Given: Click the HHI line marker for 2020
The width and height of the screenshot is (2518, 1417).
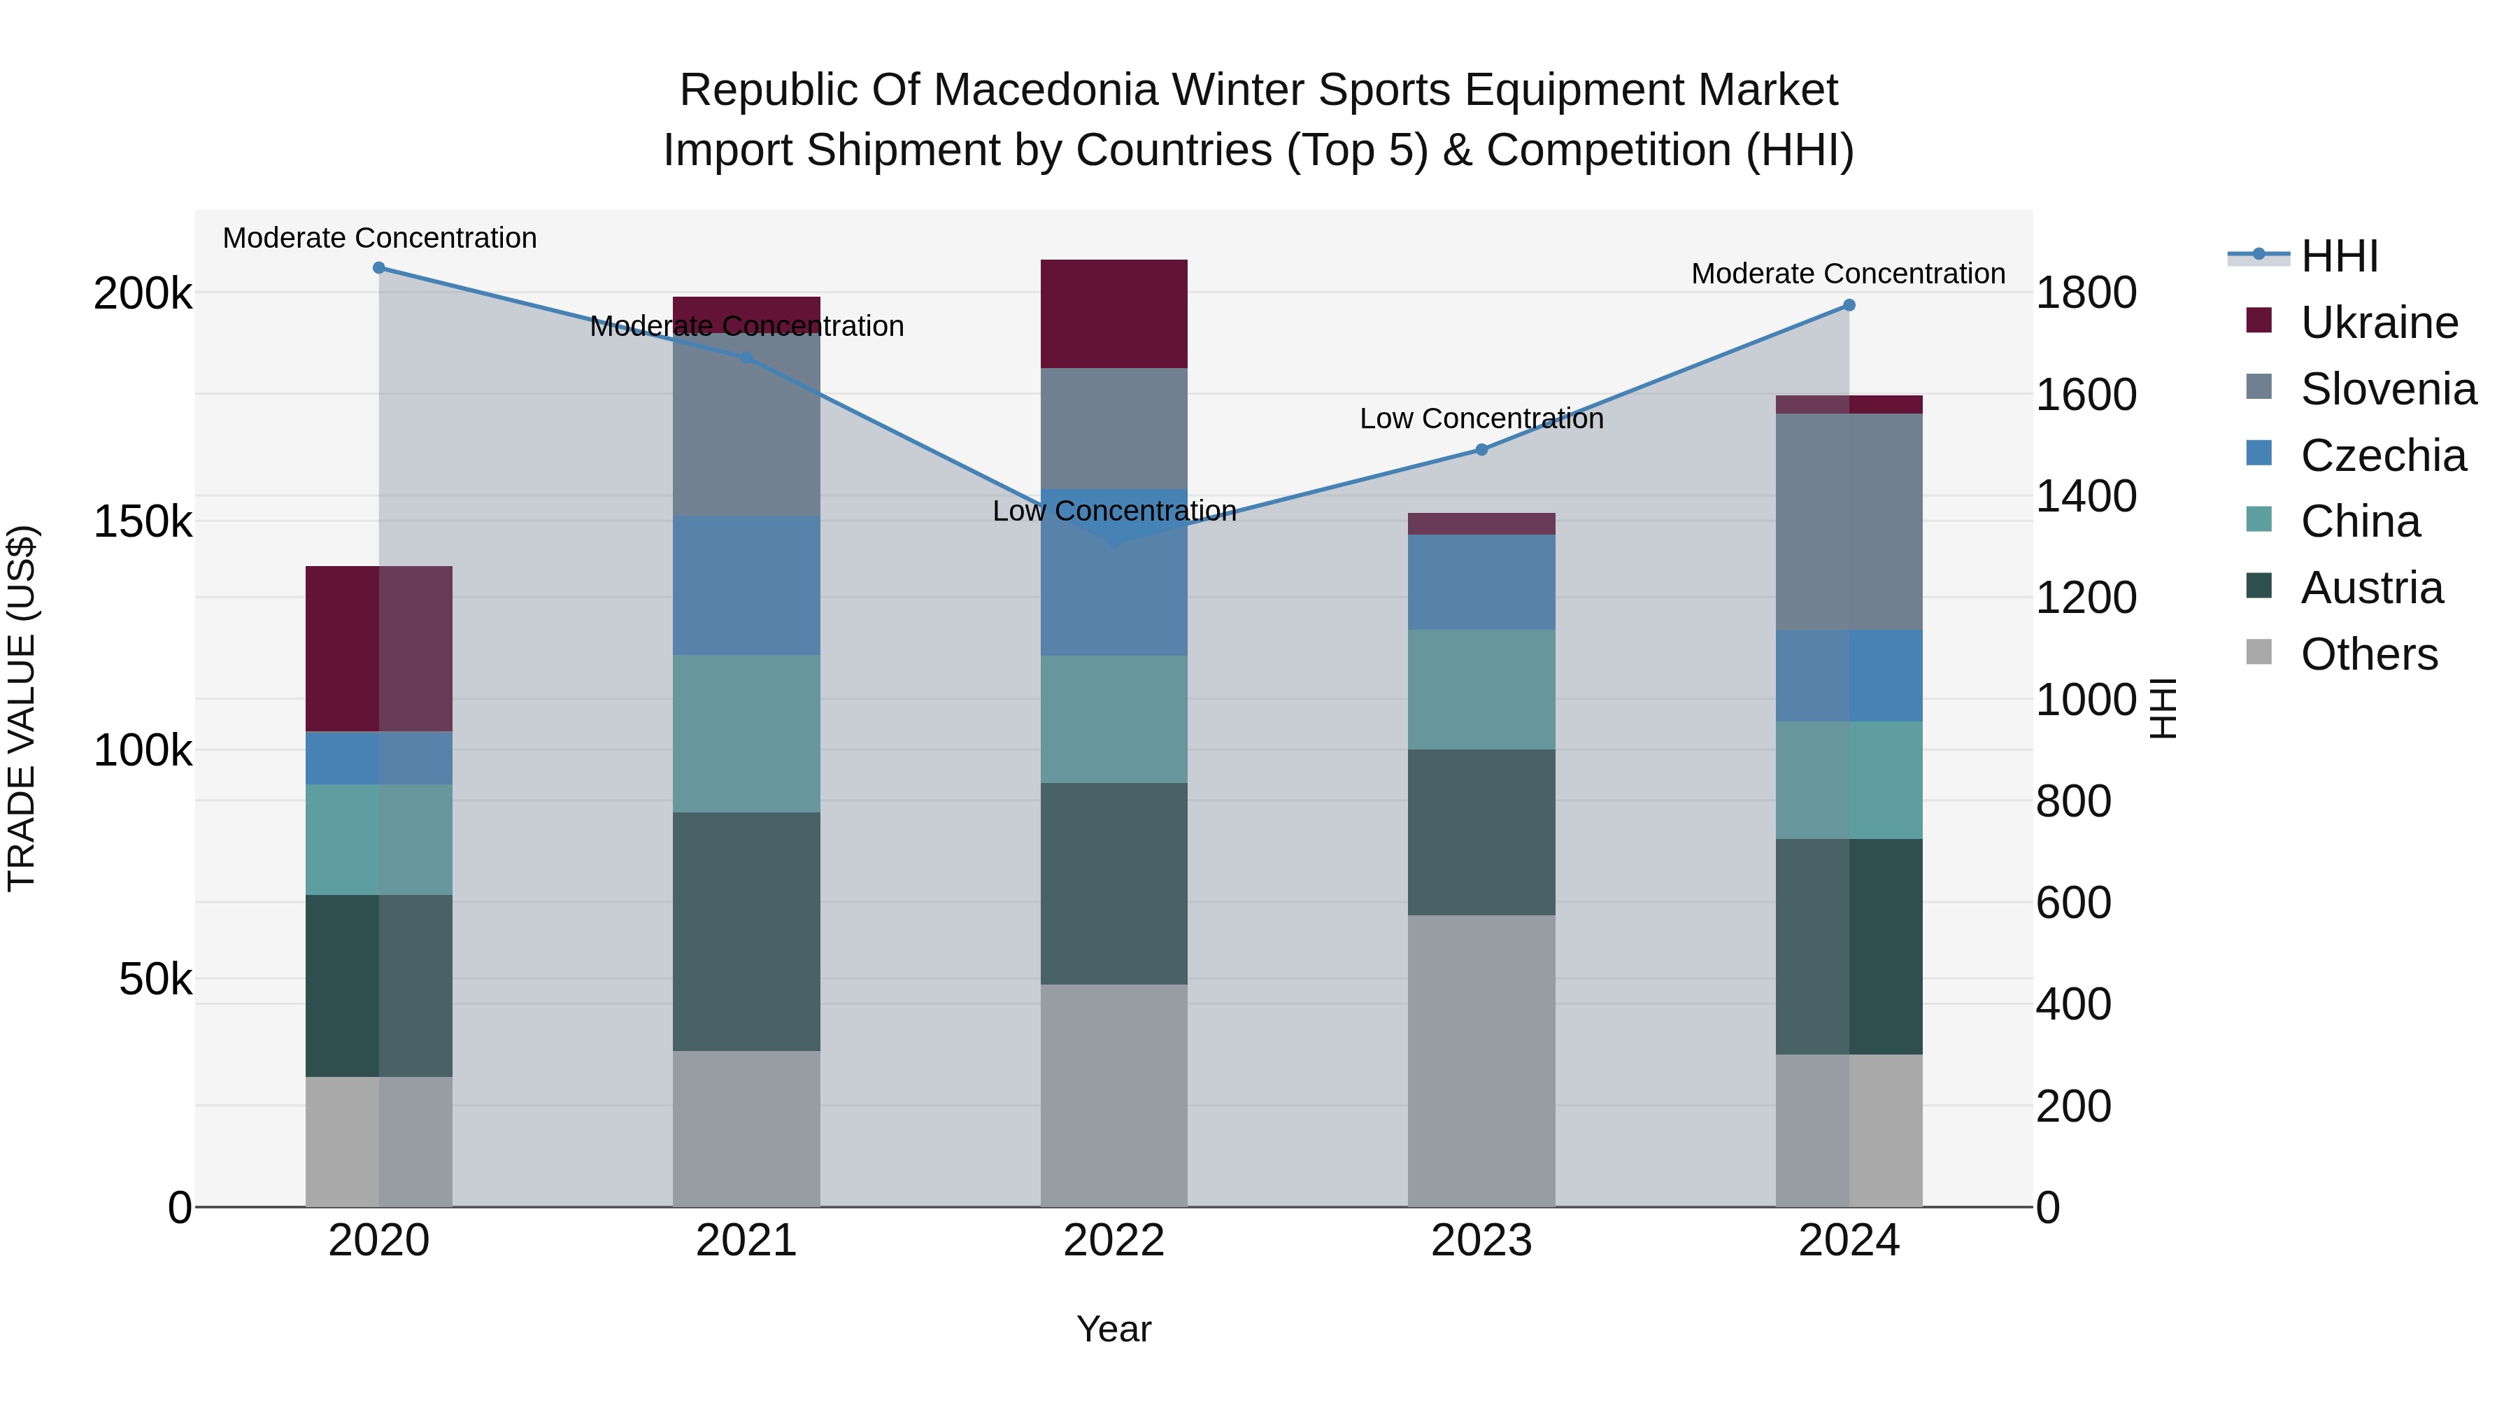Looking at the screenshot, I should (379, 268).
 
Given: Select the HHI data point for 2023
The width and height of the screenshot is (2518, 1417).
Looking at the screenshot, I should (1481, 450).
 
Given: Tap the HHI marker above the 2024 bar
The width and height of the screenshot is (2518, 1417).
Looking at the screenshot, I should (1849, 305).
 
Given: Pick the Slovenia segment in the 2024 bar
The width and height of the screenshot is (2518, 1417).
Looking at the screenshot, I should (1849, 521).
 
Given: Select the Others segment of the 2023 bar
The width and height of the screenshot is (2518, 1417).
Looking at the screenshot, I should (1481, 1061).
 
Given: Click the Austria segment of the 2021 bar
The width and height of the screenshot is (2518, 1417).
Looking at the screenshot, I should (746, 931).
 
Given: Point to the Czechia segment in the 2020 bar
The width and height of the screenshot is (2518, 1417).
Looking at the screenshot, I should (379, 758).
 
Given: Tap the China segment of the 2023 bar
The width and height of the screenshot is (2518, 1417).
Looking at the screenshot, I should (1481, 689).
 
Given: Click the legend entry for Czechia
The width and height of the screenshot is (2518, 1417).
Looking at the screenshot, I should (2382, 456).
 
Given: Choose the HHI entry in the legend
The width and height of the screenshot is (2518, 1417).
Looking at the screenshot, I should (2339, 256).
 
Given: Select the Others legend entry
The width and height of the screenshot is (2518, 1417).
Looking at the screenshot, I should (2368, 654).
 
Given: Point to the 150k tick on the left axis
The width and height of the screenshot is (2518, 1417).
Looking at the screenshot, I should (143, 521).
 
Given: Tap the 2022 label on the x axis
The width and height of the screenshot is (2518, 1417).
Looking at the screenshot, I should (1114, 1241).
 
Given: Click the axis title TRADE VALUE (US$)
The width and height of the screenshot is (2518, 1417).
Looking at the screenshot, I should (22, 708).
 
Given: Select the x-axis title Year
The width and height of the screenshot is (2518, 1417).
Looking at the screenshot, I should (1114, 1329).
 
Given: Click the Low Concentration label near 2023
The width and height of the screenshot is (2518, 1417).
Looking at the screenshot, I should (1481, 418).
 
